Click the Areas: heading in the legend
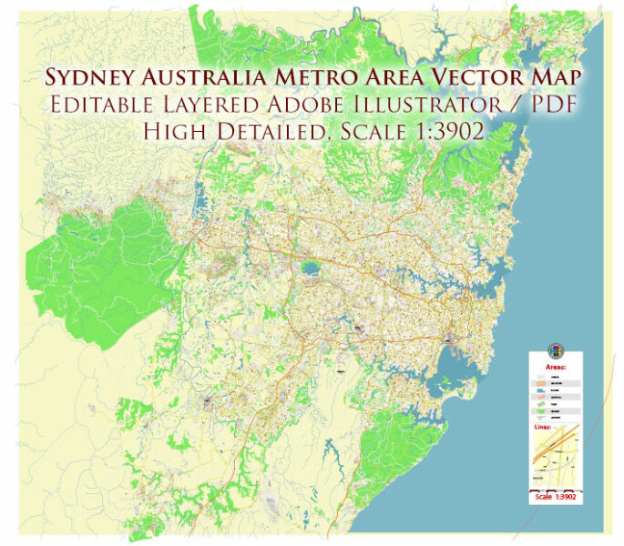pos(556,367)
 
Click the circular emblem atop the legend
pos(556,352)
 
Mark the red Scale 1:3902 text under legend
pos(556,497)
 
